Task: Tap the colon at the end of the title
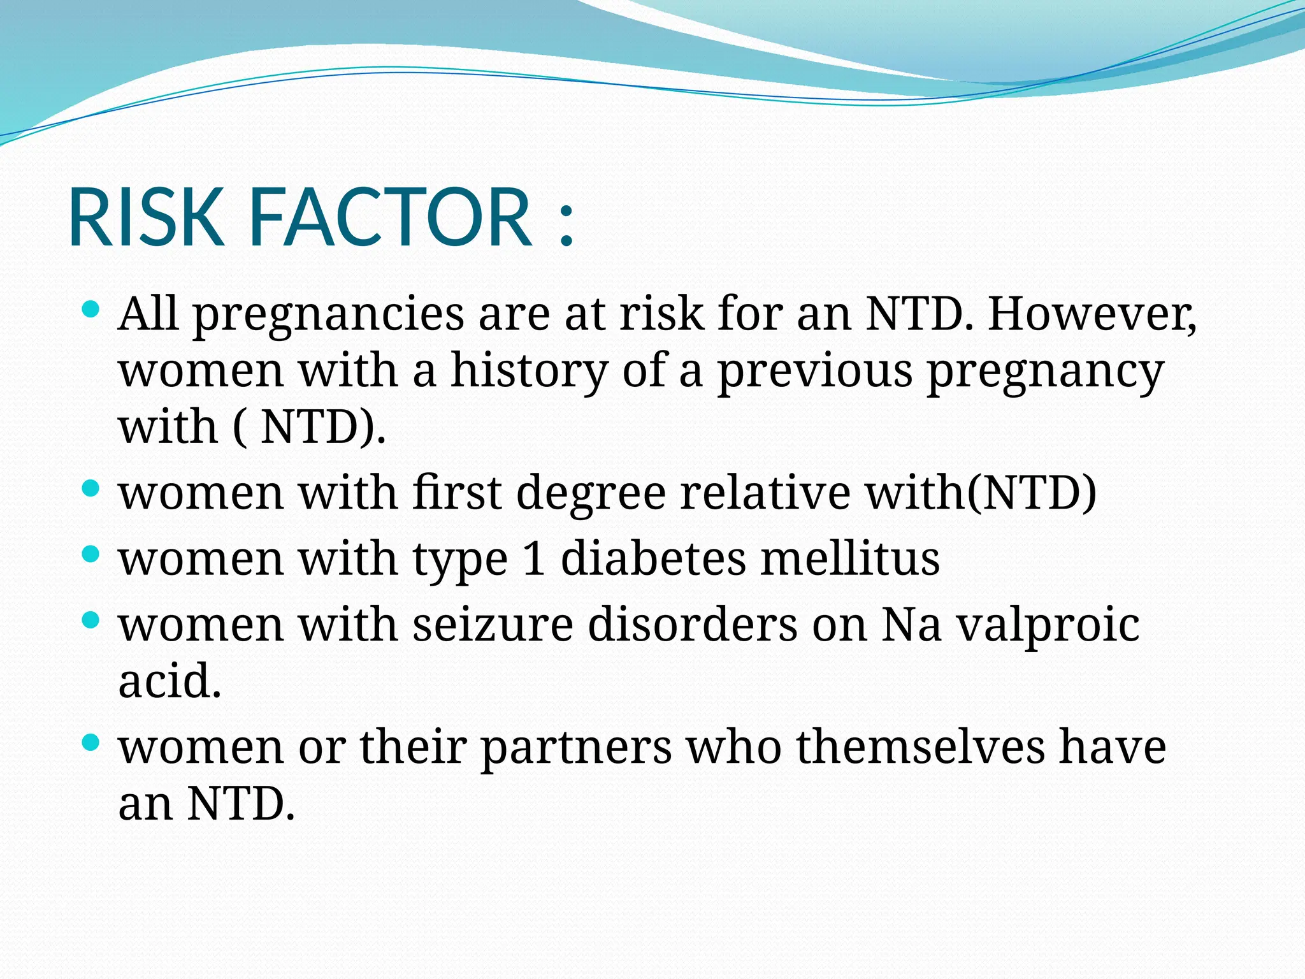tap(566, 223)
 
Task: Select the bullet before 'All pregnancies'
tap(91, 310)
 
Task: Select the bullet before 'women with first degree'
tap(91, 489)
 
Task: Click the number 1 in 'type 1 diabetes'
tap(534, 559)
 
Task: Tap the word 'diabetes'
tap(653, 559)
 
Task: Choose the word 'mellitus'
tap(850, 559)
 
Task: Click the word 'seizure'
tap(493, 625)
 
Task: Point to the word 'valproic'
tap(1049, 626)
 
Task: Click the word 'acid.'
tap(169, 681)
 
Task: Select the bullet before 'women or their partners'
tap(91, 742)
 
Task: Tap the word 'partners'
tap(576, 748)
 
